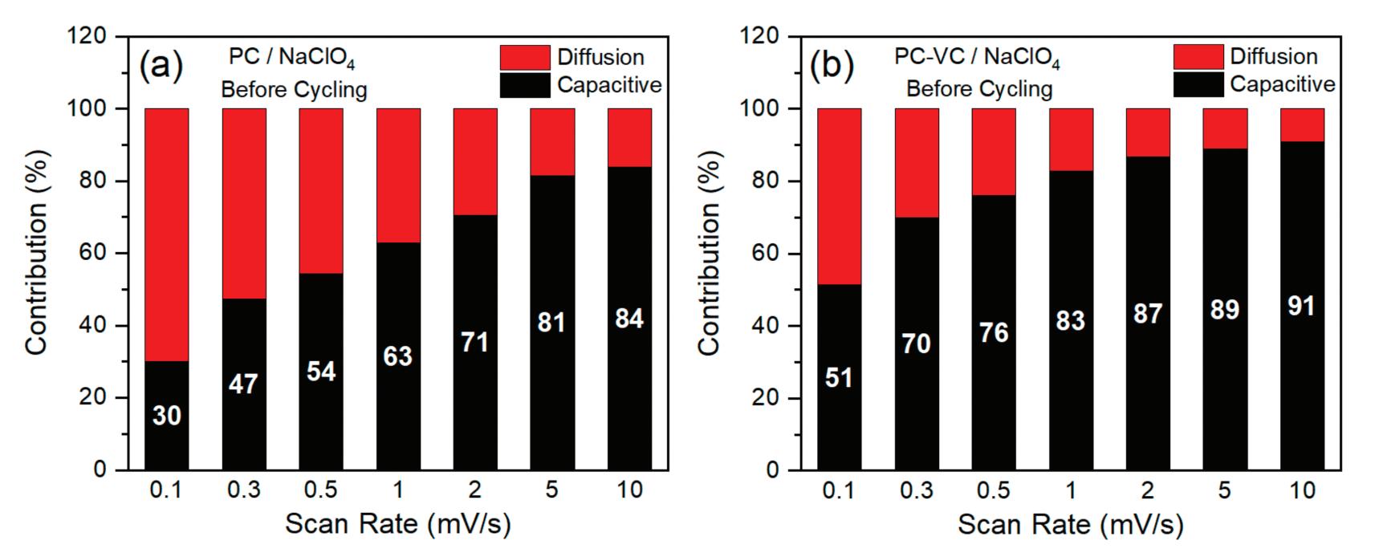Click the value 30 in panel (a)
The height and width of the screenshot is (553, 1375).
click(x=166, y=416)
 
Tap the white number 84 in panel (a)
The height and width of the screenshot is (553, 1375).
click(x=629, y=319)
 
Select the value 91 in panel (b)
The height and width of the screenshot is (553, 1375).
click(x=1301, y=307)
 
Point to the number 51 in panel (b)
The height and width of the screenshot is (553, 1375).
click(x=839, y=377)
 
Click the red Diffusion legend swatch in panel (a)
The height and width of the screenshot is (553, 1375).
click(x=524, y=58)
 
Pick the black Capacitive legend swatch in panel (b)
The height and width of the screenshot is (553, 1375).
click(x=1198, y=84)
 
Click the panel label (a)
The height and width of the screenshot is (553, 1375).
click(x=161, y=66)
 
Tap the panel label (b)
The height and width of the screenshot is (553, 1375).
click(x=831, y=66)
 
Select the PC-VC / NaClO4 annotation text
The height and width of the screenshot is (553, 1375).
click(x=977, y=59)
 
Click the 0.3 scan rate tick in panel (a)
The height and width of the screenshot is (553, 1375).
click(x=244, y=490)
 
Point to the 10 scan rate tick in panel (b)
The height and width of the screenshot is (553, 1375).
click(x=1301, y=490)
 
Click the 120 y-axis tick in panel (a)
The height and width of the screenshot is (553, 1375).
click(x=88, y=37)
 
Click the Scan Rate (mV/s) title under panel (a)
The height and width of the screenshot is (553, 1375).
click(x=398, y=525)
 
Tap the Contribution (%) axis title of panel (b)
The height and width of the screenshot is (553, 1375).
click(x=709, y=254)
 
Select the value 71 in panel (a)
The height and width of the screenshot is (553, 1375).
click(x=475, y=343)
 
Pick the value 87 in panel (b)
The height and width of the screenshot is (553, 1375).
click(x=1147, y=313)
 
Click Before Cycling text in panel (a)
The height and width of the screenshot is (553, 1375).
click(x=294, y=89)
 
